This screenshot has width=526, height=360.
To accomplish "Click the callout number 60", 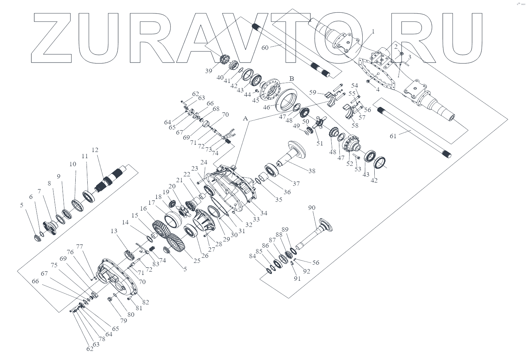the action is pyautogui.click(x=265, y=48).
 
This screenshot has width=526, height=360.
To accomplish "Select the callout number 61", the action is pyautogui.click(x=393, y=136).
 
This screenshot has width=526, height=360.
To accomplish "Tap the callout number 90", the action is pyautogui.click(x=312, y=208).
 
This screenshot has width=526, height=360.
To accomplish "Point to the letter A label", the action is pyautogui.click(x=245, y=119).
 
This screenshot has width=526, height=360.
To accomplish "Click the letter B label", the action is pyautogui.click(x=291, y=78).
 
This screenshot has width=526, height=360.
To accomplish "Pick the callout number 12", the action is pyautogui.click(x=95, y=150).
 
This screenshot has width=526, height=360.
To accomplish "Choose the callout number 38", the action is pyautogui.click(x=311, y=171).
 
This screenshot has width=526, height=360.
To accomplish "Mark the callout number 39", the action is pyautogui.click(x=208, y=71).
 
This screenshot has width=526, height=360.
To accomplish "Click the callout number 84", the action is pyautogui.click(x=252, y=256).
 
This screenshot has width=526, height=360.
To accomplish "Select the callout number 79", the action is pyautogui.click(x=124, y=320).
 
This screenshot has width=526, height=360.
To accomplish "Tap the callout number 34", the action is pyautogui.click(x=264, y=213).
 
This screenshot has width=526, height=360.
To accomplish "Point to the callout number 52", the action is pyautogui.click(x=350, y=164).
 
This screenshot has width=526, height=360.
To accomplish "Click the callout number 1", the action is pyautogui.click(x=373, y=32).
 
